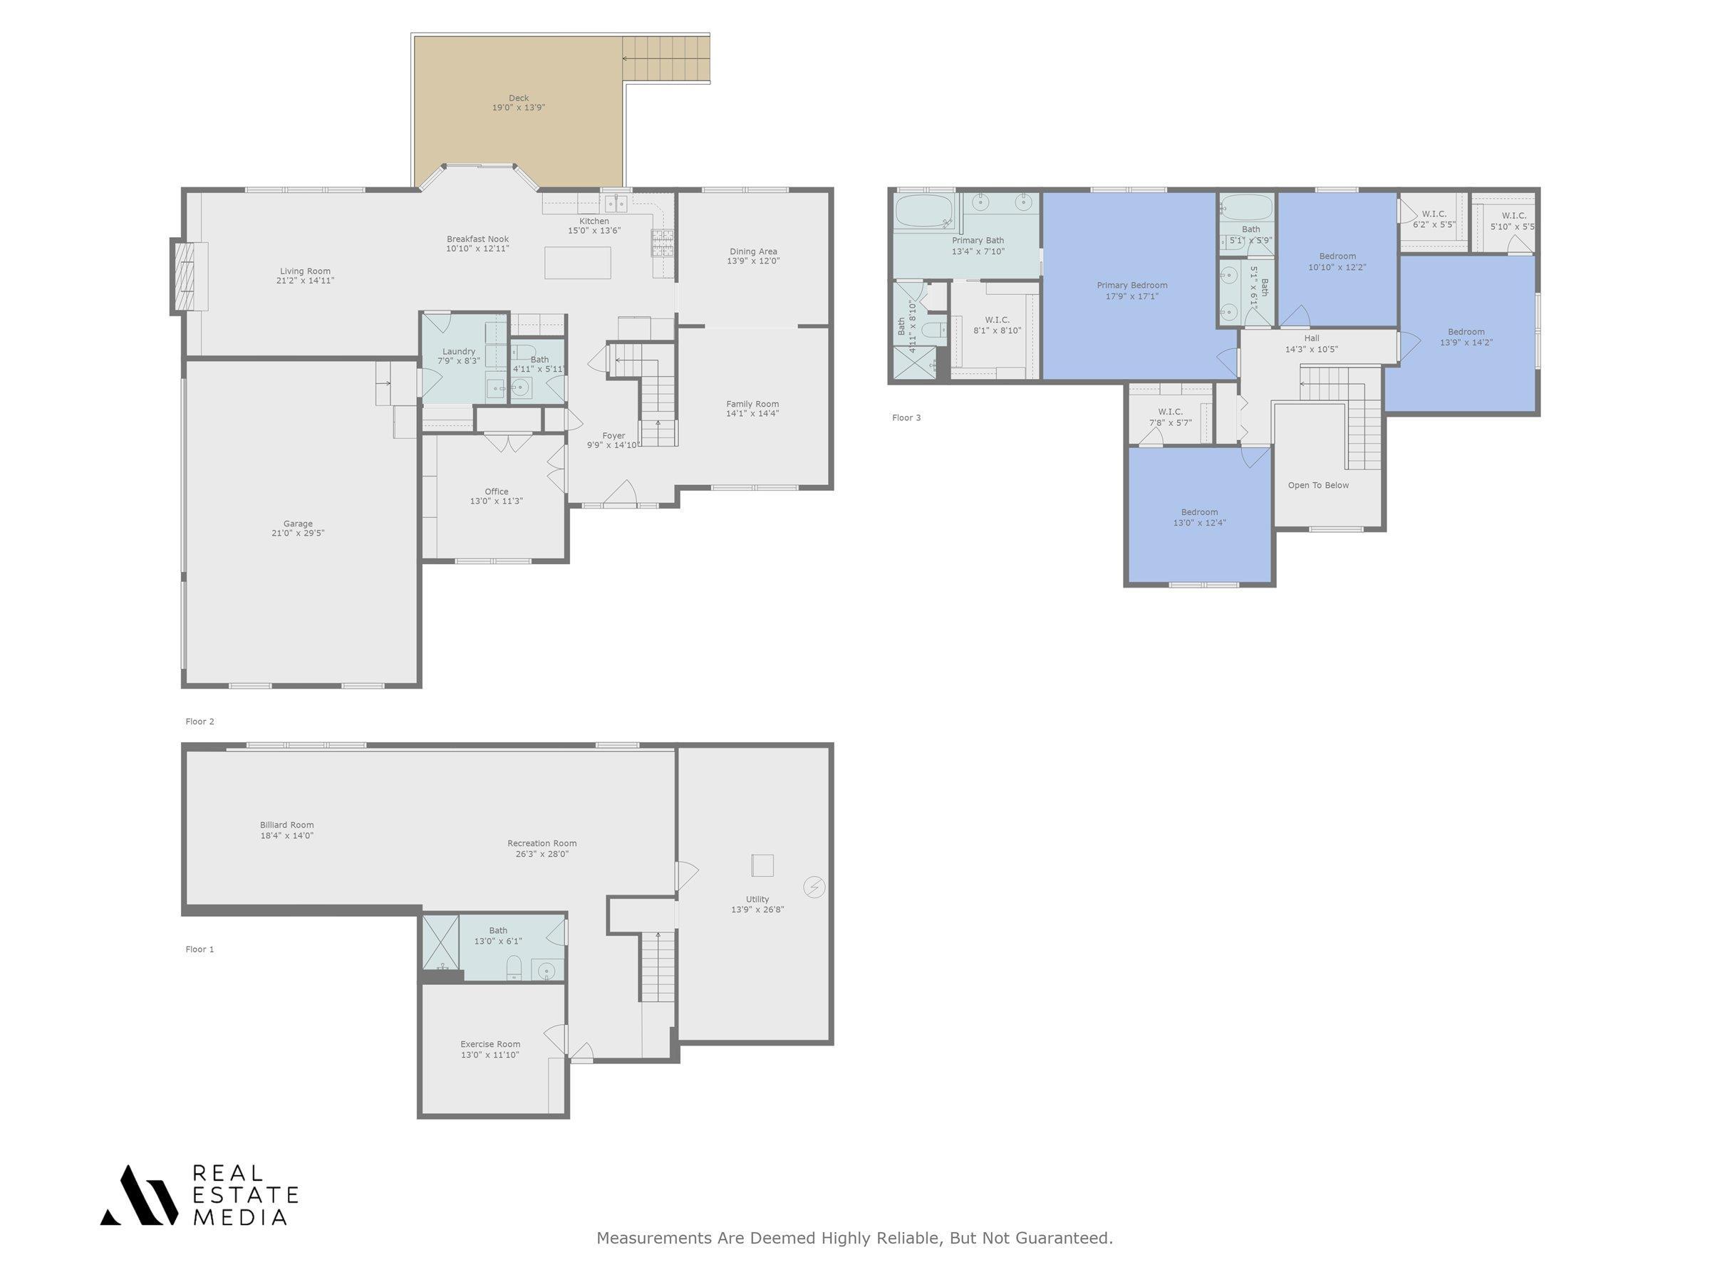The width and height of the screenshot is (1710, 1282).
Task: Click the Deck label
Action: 519,98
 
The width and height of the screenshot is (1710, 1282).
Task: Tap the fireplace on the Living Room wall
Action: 190,276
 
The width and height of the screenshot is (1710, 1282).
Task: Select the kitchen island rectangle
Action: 577,263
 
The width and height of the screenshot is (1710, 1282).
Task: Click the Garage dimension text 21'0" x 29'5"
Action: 298,533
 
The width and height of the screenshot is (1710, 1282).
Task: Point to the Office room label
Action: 497,491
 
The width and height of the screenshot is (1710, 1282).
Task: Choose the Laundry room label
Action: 459,352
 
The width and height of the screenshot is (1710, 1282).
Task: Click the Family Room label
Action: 752,404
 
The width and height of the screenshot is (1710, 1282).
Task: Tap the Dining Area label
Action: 753,251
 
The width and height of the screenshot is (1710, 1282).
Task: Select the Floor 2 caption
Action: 199,721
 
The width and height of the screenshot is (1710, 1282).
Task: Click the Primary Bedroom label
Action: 1131,285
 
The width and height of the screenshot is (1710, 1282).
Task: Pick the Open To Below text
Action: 1318,485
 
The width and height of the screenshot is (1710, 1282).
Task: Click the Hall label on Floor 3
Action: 1312,338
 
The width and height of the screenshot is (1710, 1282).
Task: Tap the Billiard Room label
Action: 287,825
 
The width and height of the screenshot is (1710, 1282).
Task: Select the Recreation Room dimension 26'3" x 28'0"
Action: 542,854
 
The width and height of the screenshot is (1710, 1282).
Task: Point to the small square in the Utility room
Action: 762,865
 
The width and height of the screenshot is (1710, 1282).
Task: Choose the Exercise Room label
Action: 490,1044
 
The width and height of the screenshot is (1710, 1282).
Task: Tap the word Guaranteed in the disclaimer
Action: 1064,1239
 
